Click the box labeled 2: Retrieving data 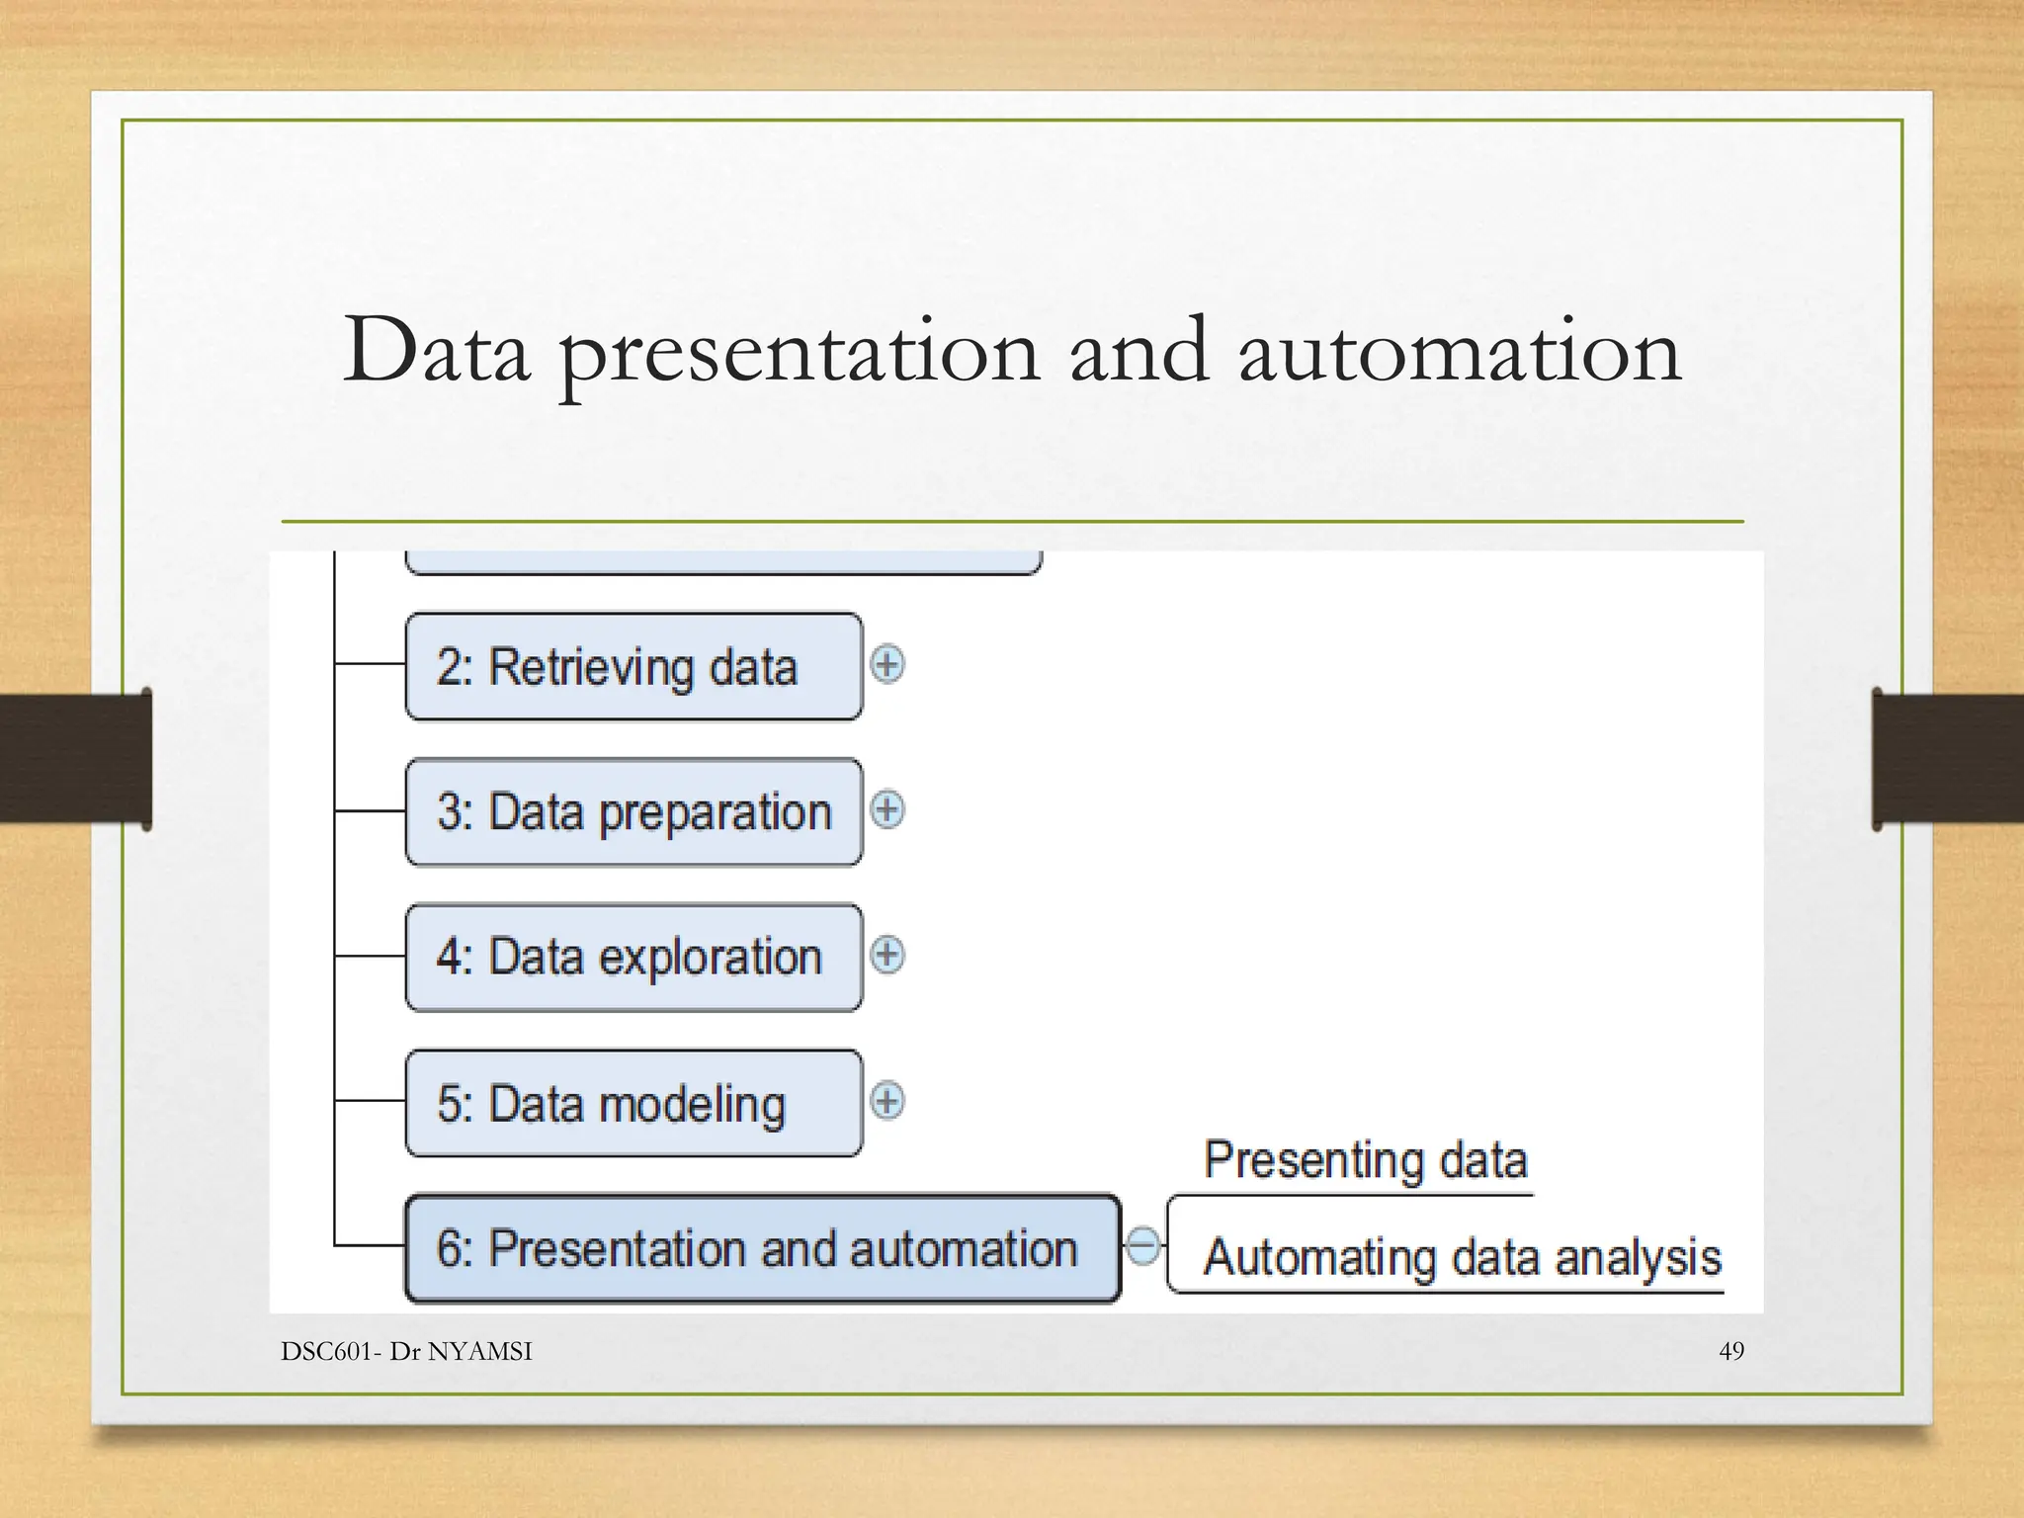[x=633, y=666]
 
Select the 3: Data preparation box [x=633, y=811]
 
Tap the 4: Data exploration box [x=633, y=957]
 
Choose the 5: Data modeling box [x=633, y=1103]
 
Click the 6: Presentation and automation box [x=763, y=1248]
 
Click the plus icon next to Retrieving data [x=887, y=664]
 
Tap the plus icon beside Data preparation [x=887, y=809]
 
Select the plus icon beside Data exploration [x=887, y=955]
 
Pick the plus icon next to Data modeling [x=887, y=1101]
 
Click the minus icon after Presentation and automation [x=1143, y=1245]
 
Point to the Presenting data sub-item [x=1366, y=1160]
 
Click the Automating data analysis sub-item [x=1463, y=1258]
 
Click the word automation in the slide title [x=1460, y=352]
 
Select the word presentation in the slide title [x=800, y=357]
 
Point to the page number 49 [x=1731, y=1351]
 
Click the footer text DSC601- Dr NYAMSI [x=406, y=1351]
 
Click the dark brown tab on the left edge [x=76, y=759]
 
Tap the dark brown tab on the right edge [x=1947, y=759]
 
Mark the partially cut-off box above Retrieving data [x=723, y=563]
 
